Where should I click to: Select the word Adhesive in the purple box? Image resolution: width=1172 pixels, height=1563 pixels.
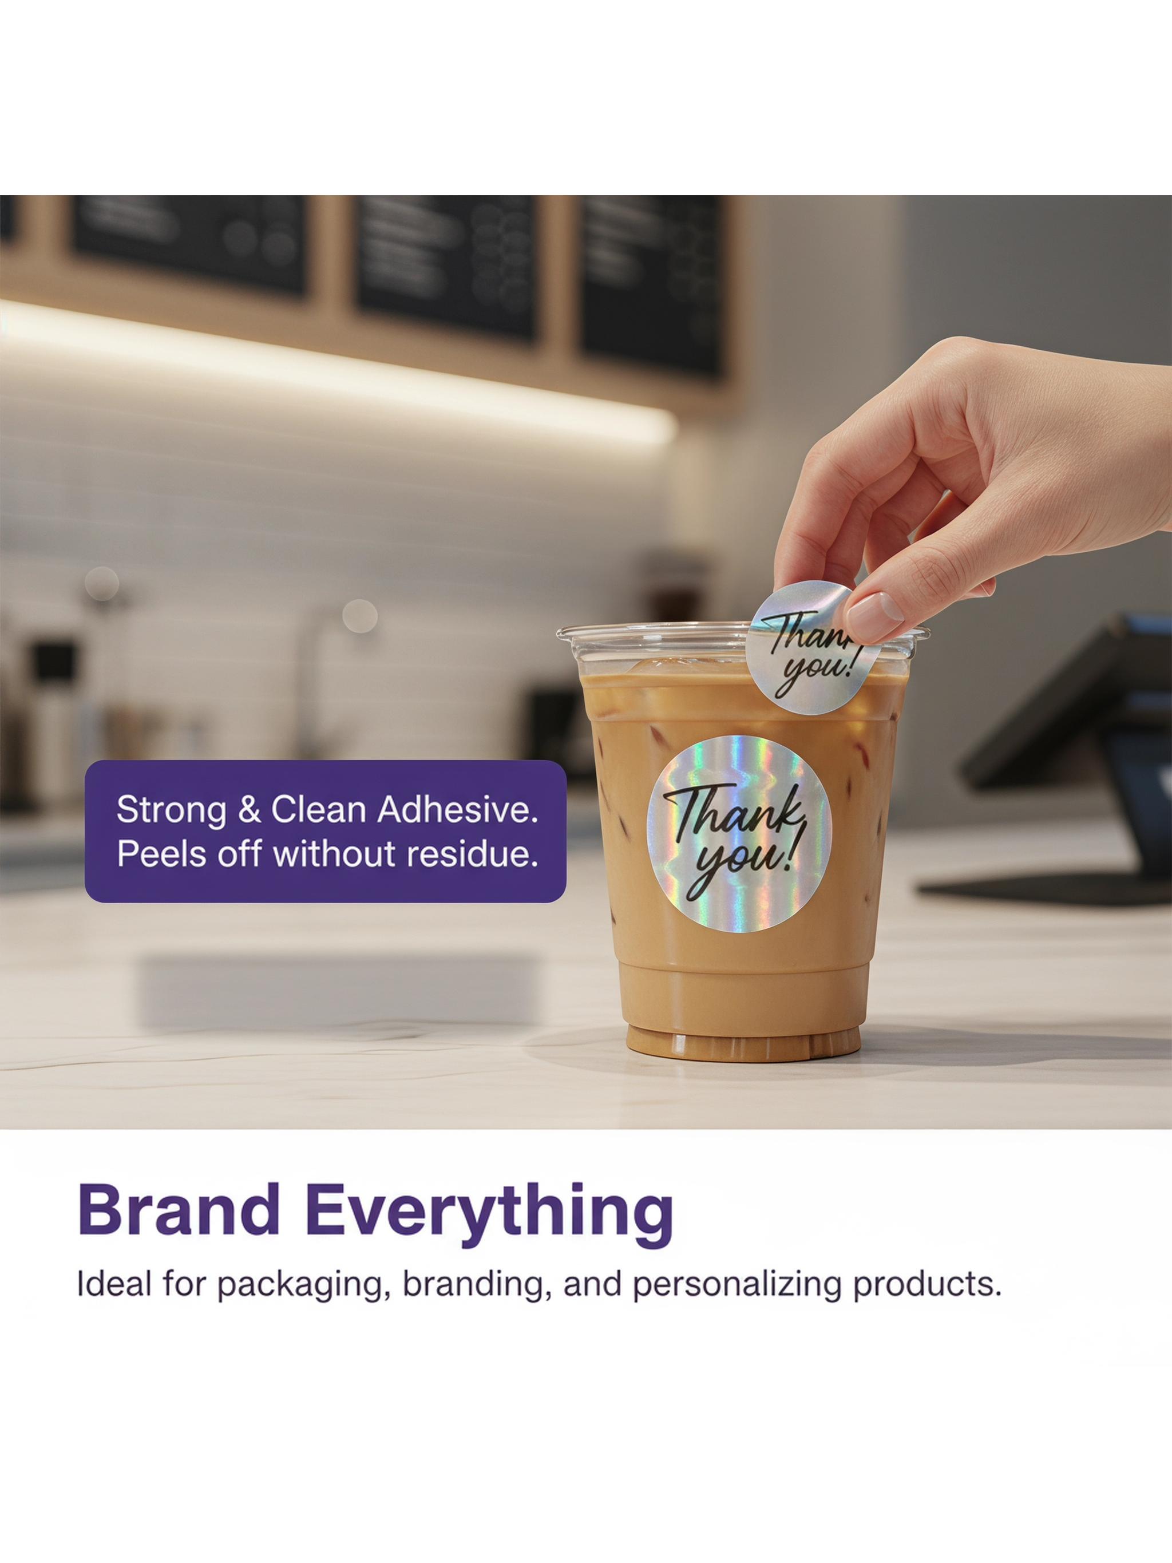458,809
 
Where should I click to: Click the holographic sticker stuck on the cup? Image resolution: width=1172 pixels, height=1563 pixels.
739,834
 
